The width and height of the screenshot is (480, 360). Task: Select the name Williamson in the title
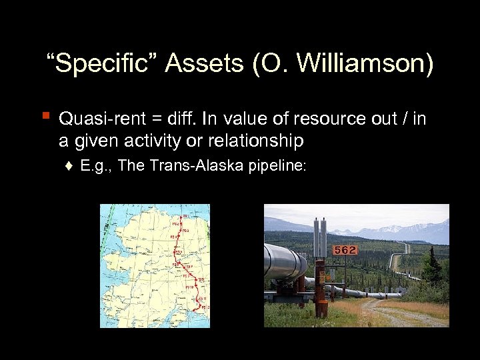pos(365,64)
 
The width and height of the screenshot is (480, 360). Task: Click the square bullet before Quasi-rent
pos(45,117)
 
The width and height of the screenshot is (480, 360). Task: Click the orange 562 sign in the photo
pos(345,250)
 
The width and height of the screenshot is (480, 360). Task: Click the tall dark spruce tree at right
pos(433,267)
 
